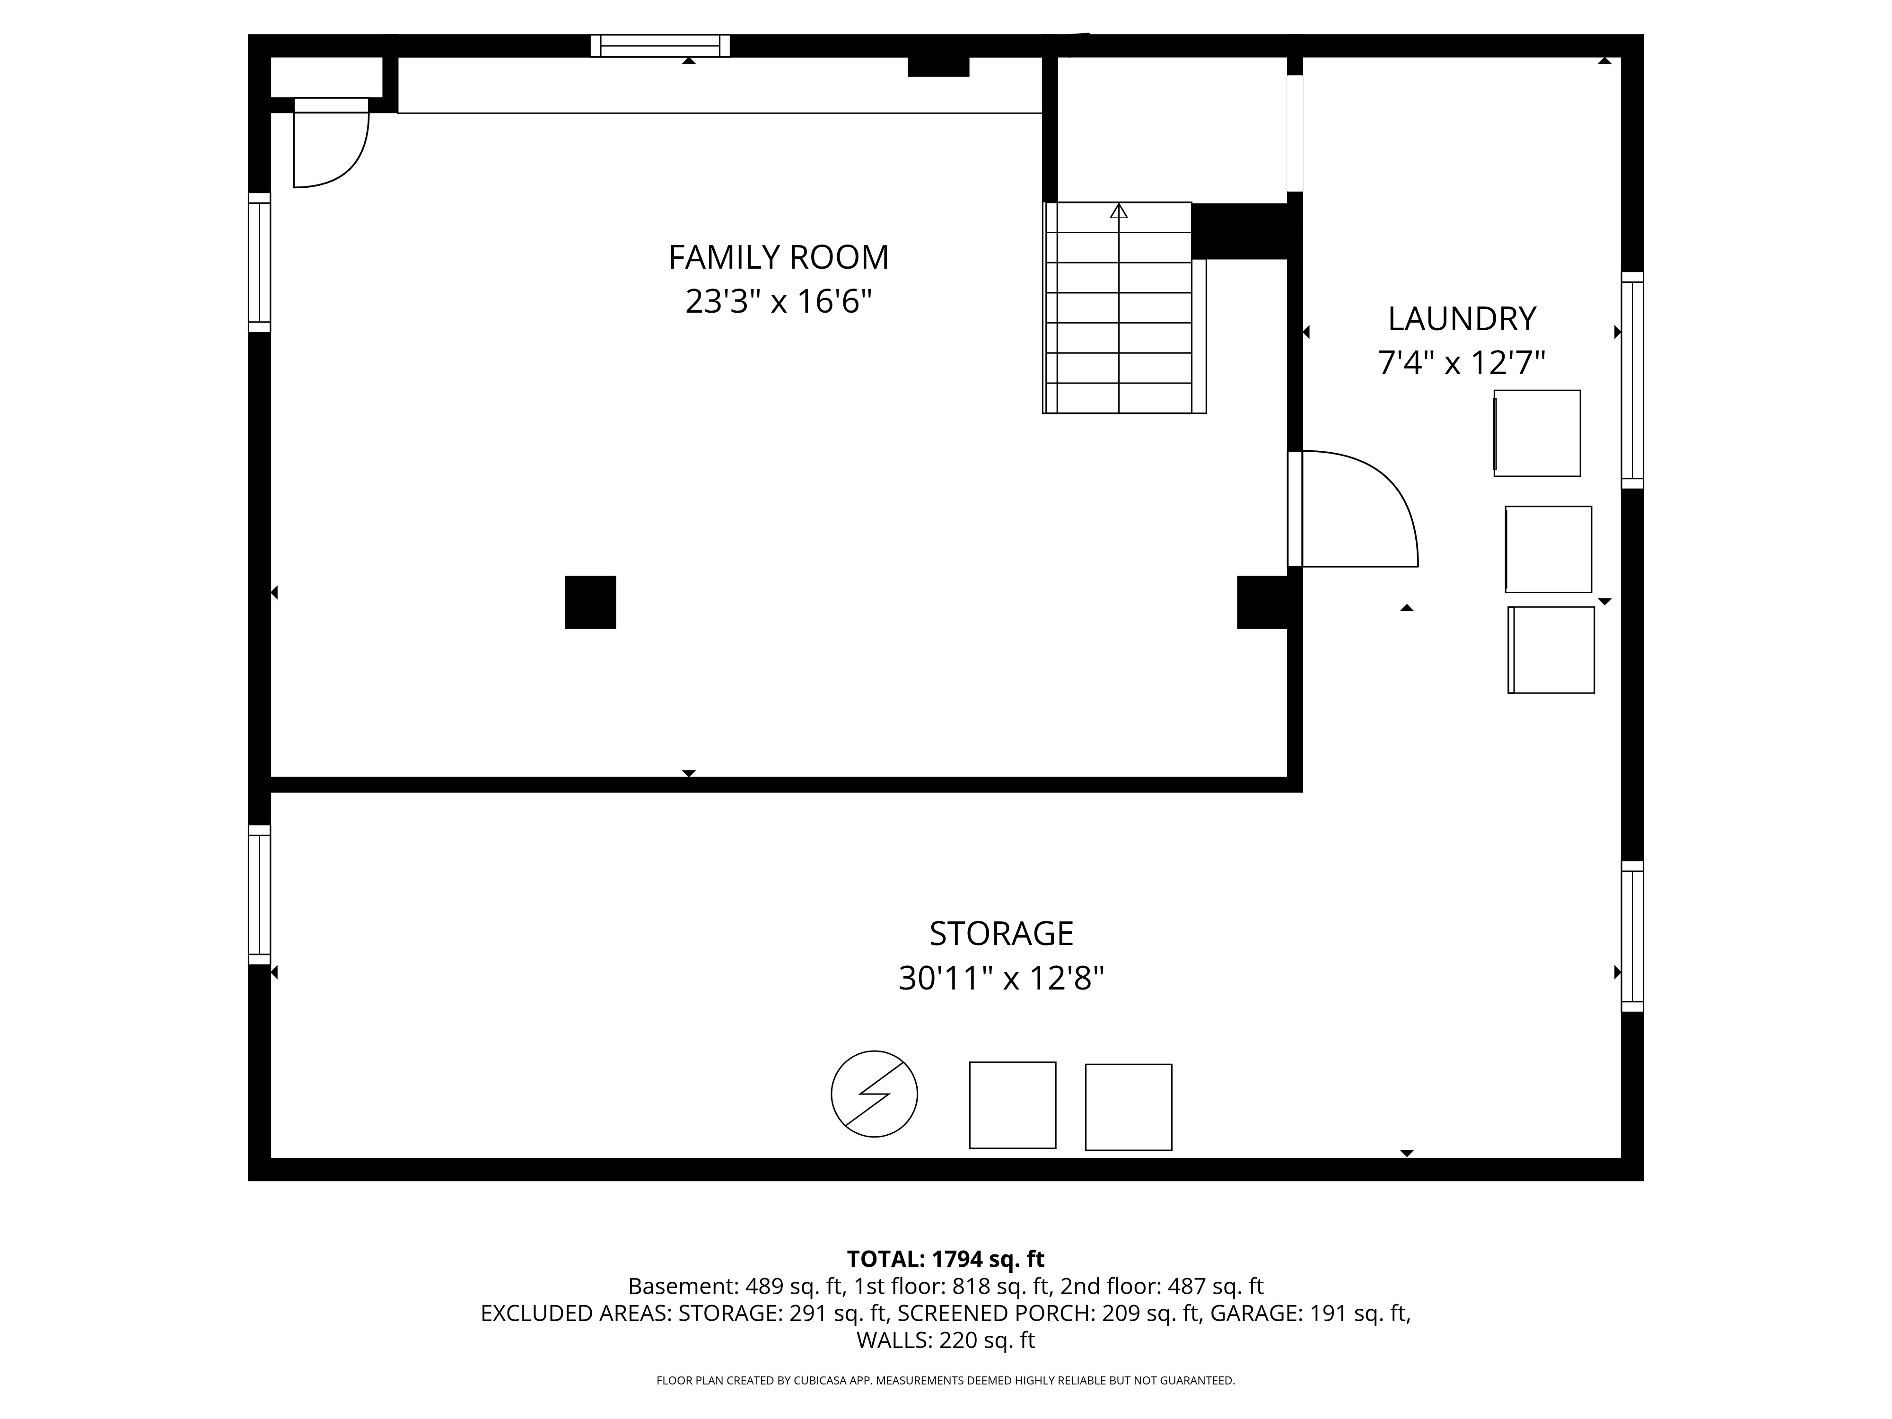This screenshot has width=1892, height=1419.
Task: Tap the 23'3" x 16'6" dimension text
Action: click(779, 302)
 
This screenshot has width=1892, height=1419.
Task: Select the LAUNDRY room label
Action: click(1461, 319)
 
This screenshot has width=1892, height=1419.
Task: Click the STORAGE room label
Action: click(1001, 933)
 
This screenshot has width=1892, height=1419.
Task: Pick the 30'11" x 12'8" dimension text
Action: click(1001, 978)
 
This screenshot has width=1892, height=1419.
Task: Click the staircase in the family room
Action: click(1121, 325)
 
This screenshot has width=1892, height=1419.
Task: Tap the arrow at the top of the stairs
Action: click(1119, 210)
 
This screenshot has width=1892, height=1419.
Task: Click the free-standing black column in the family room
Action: click(590, 602)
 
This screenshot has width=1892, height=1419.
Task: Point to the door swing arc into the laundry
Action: click(1377, 496)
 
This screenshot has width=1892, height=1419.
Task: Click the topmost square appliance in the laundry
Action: click(1537, 433)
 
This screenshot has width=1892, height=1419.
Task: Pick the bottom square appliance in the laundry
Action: click(1550, 650)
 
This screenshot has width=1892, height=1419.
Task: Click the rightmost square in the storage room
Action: click(1128, 1107)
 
